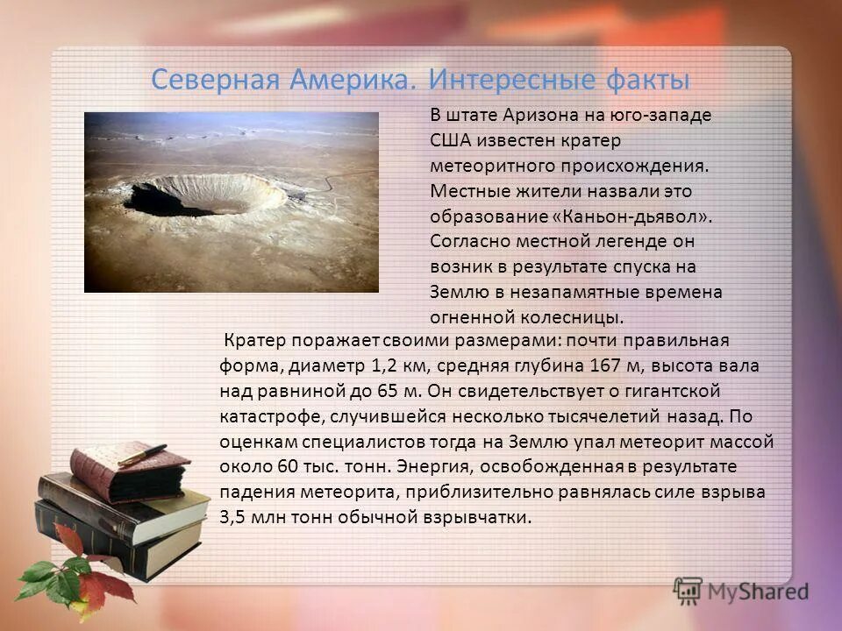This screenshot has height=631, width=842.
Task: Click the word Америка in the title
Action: [357, 81]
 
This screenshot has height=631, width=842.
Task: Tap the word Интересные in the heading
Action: [511, 81]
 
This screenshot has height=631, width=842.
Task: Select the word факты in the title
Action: [647, 81]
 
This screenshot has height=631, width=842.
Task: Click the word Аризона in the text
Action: [537, 115]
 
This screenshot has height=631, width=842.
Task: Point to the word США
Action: [448, 140]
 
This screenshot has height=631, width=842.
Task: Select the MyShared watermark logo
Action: [742, 591]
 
